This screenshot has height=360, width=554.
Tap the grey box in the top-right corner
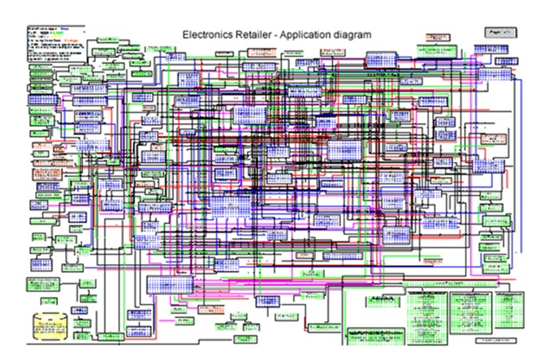click(x=501, y=31)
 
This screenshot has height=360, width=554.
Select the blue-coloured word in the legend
click(x=76, y=28)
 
